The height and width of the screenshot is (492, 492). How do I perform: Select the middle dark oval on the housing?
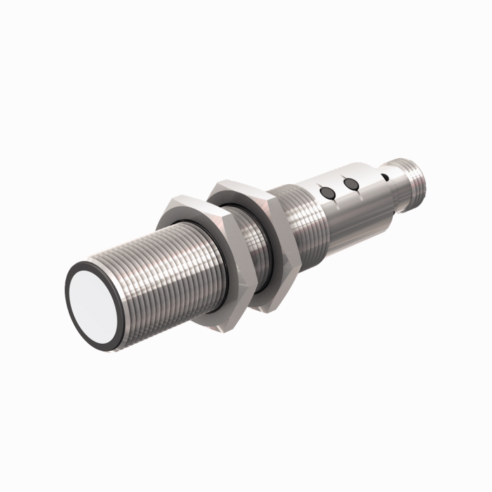(351, 184)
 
